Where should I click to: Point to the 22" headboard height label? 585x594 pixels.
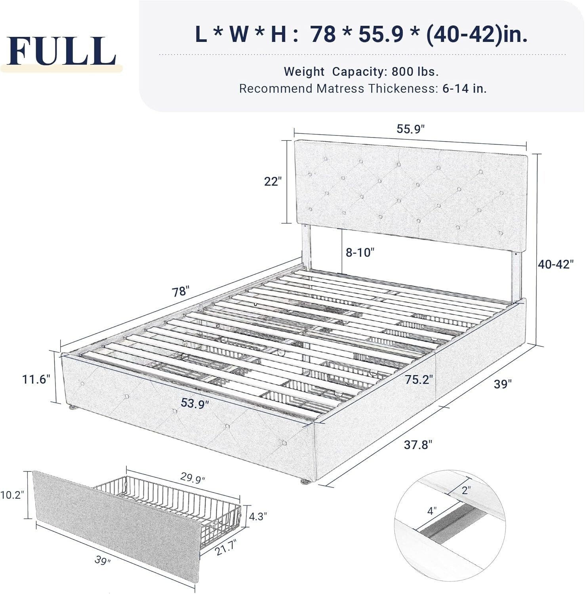tap(272, 181)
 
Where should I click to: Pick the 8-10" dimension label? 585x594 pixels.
tap(360, 252)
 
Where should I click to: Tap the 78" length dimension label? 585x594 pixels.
tap(179, 291)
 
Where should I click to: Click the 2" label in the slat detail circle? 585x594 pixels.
tap(466, 490)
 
